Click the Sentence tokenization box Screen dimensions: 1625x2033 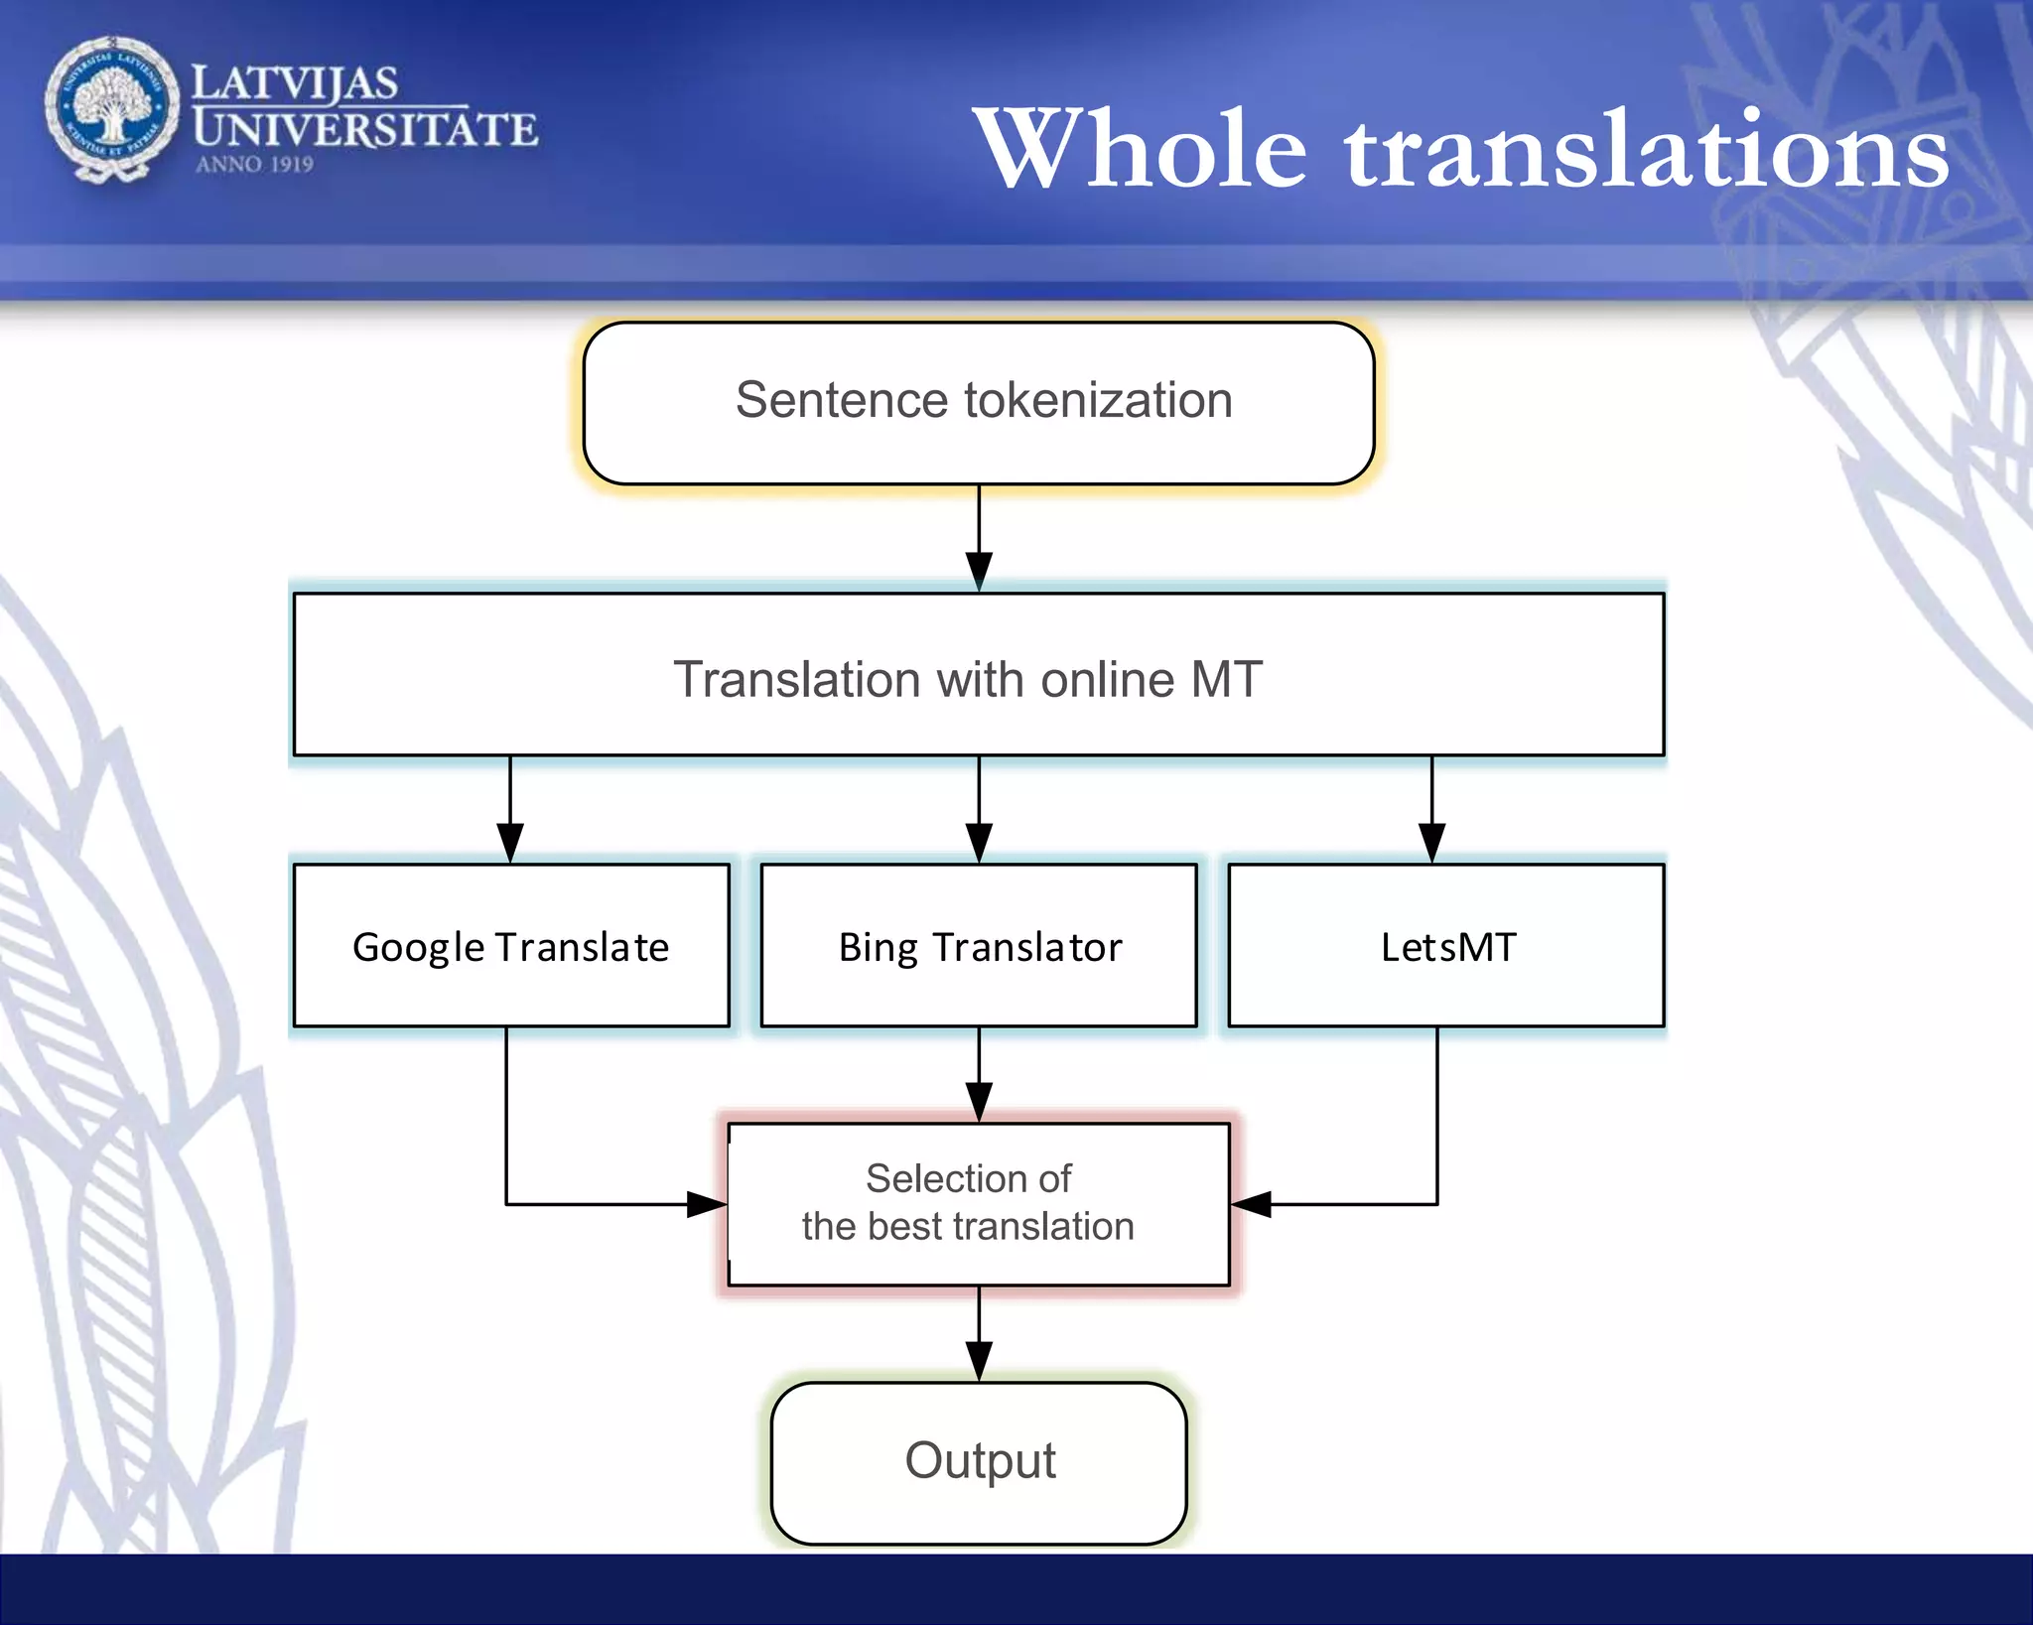point(979,402)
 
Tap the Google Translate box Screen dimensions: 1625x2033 point(511,945)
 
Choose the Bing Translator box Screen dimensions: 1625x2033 point(979,945)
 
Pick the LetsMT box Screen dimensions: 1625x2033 point(1446,945)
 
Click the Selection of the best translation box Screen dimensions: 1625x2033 point(979,1204)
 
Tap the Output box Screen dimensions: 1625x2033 point(979,1462)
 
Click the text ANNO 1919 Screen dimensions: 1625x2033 point(254,165)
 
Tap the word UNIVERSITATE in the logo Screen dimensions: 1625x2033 point(365,130)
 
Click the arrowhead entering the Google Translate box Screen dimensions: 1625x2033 point(510,844)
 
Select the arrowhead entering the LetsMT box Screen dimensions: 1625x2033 point(1431,844)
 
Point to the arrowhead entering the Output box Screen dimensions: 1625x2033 point(979,1361)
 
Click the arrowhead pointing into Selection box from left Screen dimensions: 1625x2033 point(707,1204)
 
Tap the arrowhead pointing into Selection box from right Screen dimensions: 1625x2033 point(1252,1204)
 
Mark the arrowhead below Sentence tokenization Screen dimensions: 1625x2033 point(979,572)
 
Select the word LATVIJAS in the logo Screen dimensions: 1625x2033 point(295,83)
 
